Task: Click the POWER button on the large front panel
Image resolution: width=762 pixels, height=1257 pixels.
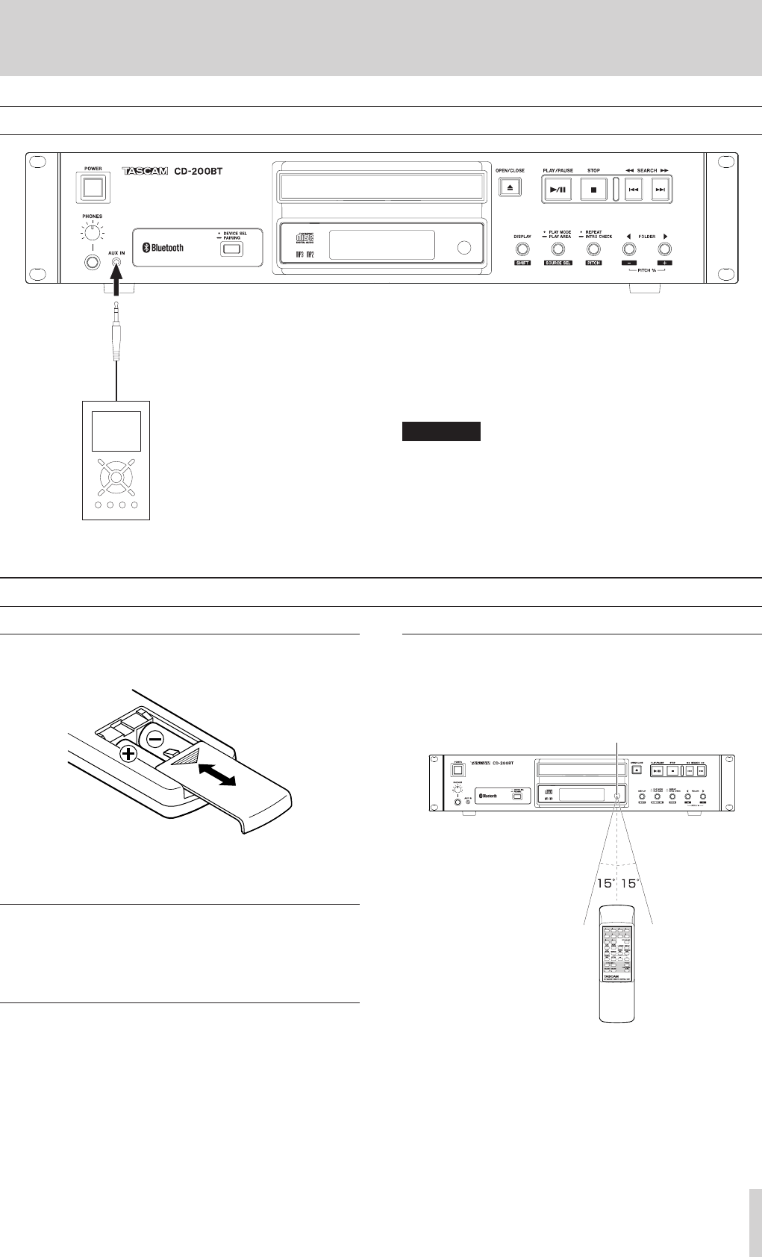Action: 93,187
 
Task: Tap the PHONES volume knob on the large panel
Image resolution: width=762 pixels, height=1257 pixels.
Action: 93,233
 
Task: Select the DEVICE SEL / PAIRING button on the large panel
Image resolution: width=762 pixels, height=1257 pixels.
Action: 231,249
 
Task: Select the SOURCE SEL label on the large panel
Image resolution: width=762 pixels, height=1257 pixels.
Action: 557,263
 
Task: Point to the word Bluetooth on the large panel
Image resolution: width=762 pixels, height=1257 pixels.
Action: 166,248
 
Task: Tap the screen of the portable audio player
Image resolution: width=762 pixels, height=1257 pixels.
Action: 116,431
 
